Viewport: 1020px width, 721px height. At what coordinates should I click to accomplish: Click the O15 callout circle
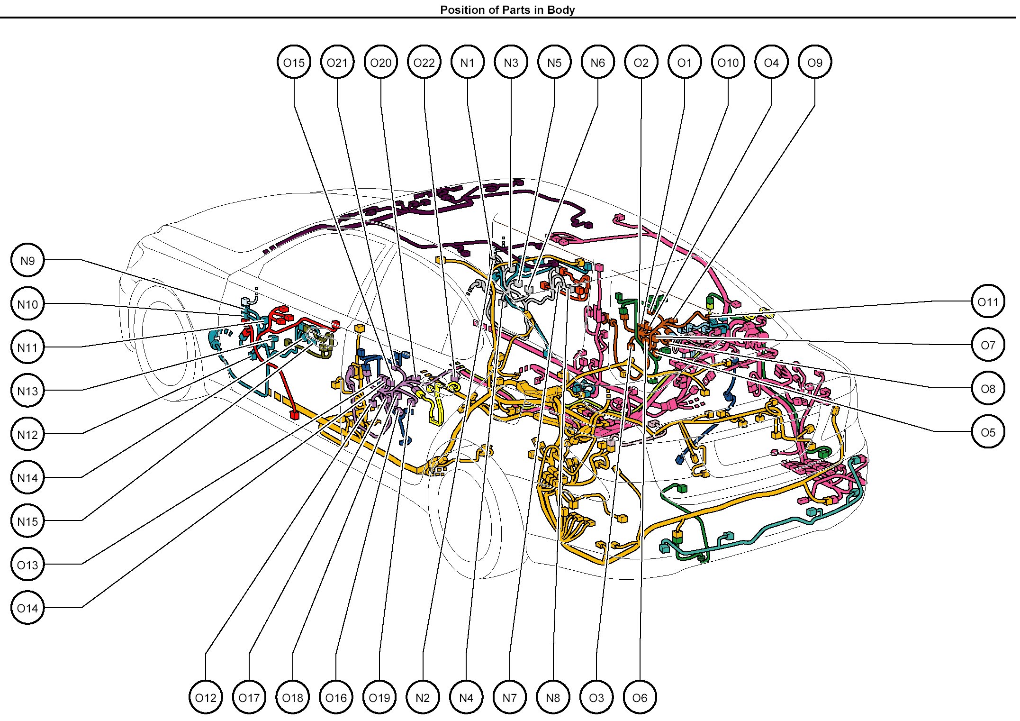[294, 63]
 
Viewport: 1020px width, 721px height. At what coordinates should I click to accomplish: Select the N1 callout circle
[468, 63]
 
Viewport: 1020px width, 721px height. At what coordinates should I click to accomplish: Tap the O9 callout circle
[815, 63]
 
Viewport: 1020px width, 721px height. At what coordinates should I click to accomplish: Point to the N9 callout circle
[27, 260]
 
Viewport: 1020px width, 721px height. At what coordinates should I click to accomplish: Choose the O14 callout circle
[27, 608]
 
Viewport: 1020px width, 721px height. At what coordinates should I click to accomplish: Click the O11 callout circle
[988, 302]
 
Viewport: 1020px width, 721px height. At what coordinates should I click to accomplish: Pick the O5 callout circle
[988, 432]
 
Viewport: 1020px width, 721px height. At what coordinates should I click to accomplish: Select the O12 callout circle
[206, 698]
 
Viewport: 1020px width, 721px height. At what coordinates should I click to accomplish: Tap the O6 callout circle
[640, 698]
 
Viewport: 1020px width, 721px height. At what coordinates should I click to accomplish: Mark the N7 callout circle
[510, 698]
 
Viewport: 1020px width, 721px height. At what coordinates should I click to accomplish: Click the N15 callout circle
[27, 521]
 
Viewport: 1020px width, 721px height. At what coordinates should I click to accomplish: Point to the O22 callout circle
[424, 63]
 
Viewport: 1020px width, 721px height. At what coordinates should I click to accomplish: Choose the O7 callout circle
[988, 345]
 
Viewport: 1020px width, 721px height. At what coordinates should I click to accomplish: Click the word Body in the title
[561, 10]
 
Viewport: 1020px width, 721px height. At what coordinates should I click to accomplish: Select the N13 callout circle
[27, 391]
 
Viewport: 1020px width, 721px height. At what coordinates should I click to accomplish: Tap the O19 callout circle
[379, 698]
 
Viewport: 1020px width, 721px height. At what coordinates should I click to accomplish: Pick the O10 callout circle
[728, 63]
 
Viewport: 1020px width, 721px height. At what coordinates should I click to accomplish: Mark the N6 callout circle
[598, 63]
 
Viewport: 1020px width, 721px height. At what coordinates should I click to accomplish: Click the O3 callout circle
[596, 698]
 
